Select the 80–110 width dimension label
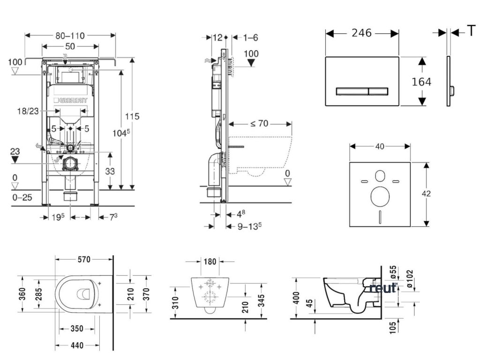click(x=70, y=35)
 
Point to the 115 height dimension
click(x=132, y=116)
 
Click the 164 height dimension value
click(x=421, y=82)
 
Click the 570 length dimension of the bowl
click(x=84, y=259)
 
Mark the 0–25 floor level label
click(x=22, y=197)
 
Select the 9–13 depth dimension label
click(x=247, y=225)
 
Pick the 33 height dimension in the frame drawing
click(x=109, y=172)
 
